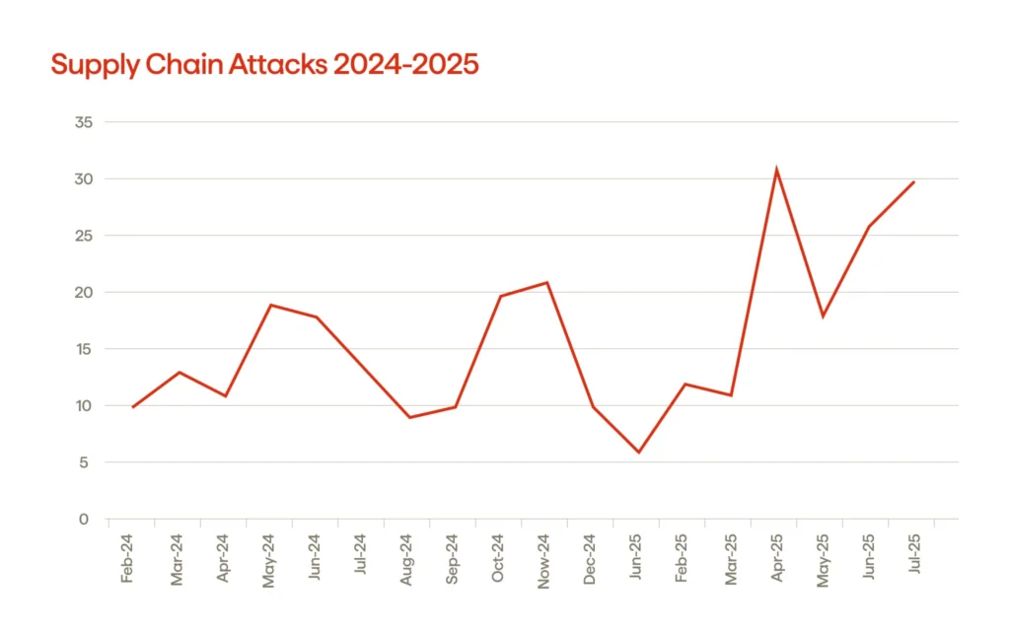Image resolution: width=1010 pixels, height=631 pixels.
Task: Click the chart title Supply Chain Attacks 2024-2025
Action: point(264,65)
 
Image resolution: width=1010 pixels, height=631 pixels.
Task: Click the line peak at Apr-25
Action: point(776,170)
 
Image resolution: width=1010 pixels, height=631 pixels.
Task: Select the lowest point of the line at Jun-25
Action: point(639,453)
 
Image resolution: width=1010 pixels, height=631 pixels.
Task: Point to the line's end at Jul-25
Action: point(913,181)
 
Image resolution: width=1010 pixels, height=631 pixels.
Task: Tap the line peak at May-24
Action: point(271,305)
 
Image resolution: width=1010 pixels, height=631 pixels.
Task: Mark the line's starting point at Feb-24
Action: point(133,407)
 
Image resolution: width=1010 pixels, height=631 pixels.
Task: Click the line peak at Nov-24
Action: point(546,283)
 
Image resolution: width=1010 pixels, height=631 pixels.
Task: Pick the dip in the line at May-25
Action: point(822,316)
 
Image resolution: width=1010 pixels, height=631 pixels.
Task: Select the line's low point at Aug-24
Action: point(409,418)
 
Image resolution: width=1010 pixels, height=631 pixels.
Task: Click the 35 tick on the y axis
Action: point(84,122)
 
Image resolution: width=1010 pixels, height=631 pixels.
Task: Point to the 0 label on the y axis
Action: point(84,520)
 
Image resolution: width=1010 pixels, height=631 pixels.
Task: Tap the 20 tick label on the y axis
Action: point(84,293)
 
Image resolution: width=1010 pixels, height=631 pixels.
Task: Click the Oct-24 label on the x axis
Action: point(498,561)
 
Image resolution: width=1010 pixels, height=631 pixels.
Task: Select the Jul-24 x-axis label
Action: point(360,561)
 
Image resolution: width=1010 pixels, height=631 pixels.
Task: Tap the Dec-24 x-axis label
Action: point(590,561)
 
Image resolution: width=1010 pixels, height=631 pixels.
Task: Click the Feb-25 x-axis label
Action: point(682,561)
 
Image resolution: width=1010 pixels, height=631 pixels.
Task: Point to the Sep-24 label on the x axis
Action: point(452,561)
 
